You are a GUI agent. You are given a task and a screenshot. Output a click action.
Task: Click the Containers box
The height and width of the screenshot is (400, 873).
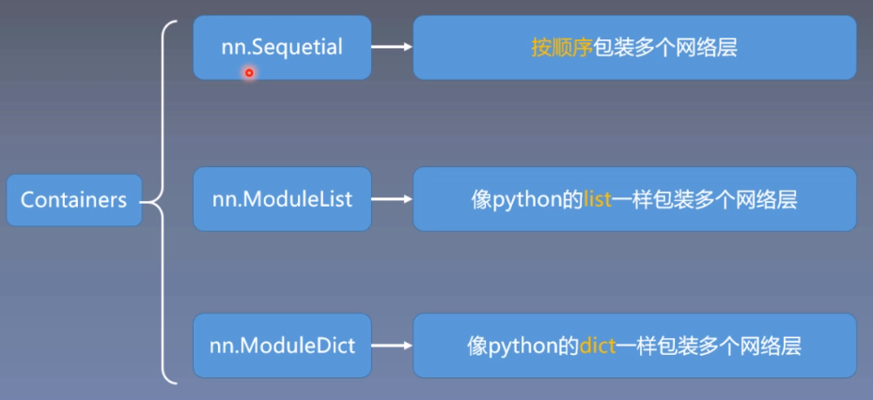coord(73,200)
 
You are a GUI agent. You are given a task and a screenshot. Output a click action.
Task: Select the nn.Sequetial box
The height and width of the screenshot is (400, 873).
coord(282,47)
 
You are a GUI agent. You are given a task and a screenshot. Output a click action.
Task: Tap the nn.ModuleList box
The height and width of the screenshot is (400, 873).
coord(282,199)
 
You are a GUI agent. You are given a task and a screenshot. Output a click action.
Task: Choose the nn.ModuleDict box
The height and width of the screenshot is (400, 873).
coord(282,346)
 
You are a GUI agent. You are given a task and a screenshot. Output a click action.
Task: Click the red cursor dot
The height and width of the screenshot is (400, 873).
coord(249,72)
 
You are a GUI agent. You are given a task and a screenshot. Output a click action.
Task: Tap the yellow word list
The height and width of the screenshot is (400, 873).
coord(598,199)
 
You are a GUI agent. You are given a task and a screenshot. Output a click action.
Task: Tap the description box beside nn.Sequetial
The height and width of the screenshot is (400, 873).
coord(634,47)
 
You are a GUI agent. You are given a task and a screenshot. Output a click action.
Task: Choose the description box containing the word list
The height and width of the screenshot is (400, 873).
coord(634,199)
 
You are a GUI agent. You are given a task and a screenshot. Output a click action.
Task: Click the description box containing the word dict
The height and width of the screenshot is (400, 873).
coord(634,346)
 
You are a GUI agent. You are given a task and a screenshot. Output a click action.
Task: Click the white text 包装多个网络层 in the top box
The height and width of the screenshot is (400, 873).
coord(664,47)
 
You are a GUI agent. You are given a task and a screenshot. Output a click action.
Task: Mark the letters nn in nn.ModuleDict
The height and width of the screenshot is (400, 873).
coord(221,346)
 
